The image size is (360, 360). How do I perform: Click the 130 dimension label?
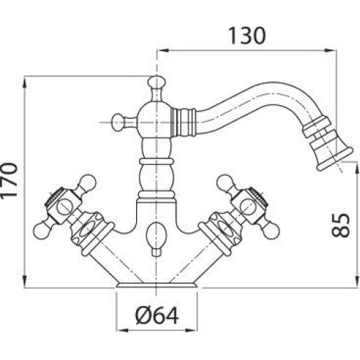[247, 35]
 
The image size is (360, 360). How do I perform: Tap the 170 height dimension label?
[9, 180]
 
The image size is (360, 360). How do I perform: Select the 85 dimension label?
[341, 225]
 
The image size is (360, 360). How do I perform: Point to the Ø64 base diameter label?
[157, 316]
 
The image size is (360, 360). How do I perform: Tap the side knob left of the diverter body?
[118, 122]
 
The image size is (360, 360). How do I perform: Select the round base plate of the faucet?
[158, 285]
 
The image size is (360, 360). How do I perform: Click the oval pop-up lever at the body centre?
[156, 233]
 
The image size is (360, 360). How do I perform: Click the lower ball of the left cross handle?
[41, 231]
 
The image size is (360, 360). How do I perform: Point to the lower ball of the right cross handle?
[271, 231]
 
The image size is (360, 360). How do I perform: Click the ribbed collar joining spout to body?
[184, 122]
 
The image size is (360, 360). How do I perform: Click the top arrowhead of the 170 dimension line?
[24, 82]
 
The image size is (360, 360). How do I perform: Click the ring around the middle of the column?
[156, 161]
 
